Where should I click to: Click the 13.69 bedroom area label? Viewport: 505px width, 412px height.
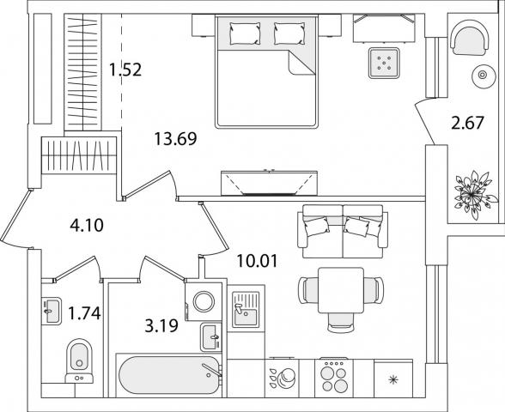[175, 139]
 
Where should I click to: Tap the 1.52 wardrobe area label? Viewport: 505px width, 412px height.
[125, 70]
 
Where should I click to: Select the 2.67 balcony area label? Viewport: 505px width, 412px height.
[467, 123]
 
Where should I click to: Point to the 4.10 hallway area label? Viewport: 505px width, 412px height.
[87, 225]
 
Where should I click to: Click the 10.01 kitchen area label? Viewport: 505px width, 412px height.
[257, 261]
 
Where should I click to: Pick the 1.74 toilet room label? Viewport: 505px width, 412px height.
[85, 313]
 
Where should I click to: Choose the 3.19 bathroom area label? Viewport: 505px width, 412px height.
[161, 326]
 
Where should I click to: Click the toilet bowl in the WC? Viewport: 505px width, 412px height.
[79, 360]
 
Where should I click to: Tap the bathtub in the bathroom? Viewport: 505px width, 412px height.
[169, 374]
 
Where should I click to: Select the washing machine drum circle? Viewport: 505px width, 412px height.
[204, 301]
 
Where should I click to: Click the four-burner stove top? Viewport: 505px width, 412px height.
[334, 377]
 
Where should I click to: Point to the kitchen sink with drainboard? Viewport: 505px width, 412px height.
[246, 308]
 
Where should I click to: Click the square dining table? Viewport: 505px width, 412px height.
[341, 290]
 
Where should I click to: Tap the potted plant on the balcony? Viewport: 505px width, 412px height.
[472, 194]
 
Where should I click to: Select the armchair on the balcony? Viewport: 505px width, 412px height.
[471, 38]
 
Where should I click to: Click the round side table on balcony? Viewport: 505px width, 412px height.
[483, 75]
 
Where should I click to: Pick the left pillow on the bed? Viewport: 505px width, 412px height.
[245, 33]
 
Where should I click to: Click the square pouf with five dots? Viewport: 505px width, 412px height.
[384, 63]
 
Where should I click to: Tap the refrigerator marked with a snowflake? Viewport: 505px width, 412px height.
[393, 379]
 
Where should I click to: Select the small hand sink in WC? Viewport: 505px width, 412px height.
[51, 311]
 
